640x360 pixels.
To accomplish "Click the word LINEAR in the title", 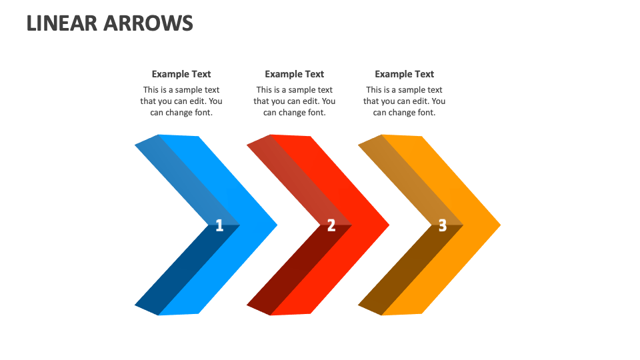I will point(63,23).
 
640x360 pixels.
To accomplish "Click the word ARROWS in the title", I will point(149,23).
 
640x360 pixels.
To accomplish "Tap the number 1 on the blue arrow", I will point(219,226).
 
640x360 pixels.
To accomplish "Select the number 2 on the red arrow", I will point(331,226).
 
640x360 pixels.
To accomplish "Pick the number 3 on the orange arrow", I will point(442,226).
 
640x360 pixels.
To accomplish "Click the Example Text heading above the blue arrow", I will point(181,74).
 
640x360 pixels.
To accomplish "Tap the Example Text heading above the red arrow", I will point(294,74).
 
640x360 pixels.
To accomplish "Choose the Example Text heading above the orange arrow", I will point(404,74).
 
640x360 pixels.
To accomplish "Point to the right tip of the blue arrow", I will point(275,225).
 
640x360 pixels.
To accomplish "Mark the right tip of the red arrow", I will point(387,225).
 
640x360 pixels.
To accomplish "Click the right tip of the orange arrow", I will point(498,225).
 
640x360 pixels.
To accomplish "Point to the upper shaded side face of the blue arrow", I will point(183,177).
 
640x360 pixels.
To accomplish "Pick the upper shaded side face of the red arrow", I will point(295,177).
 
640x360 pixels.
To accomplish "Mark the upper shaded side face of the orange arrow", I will point(407,177).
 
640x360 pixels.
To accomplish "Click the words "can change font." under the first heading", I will point(181,113).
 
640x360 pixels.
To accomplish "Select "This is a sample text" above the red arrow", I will point(294,90).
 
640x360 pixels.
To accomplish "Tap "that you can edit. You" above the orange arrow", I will point(404,101).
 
